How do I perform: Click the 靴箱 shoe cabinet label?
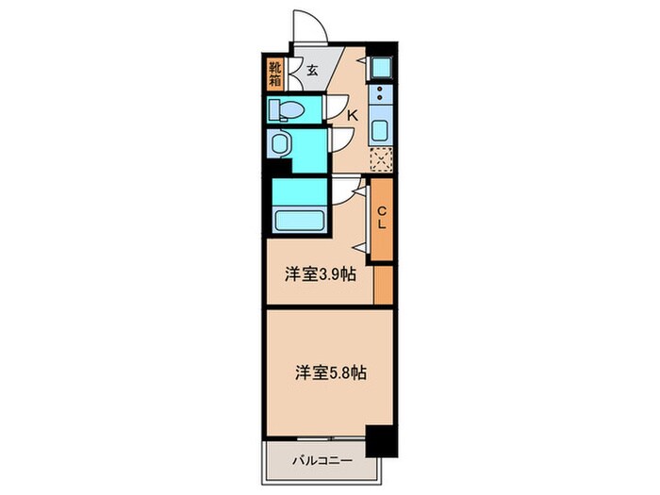click(x=275, y=73)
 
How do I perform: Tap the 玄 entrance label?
click(x=311, y=69)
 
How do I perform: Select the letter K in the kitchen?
click(x=352, y=115)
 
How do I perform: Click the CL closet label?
click(x=382, y=218)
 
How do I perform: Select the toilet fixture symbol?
click(x=284, y=110)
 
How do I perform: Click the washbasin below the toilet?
click(x=280, y=144)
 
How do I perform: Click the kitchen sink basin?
click(x=381, y=129)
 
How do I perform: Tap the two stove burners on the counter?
click(x=380, y=94)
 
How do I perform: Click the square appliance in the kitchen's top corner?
click(x=381, y=66)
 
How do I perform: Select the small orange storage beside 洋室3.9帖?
click(x=383, y=284)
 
